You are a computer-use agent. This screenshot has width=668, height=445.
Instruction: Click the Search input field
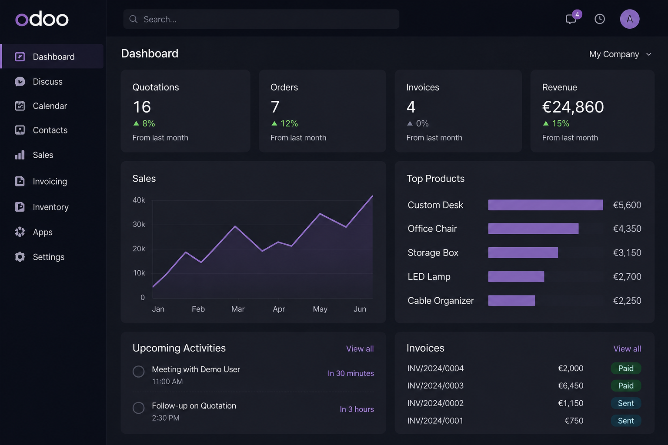pyautogui.click(x=261, y=19)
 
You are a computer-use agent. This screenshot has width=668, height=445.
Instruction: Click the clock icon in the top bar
pyautogui.click(x=599, y=19)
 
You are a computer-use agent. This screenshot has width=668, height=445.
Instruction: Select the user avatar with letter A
pyautogui.click(x=630, y=19)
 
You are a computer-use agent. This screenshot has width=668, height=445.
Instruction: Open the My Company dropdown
pyautogui.click(x=620, y=54)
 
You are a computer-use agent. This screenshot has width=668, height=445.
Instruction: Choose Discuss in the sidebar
pyautogui.click(x=47, y=82)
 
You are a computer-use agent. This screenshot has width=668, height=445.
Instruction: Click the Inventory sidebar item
pyautogui.click(x=50, y=207)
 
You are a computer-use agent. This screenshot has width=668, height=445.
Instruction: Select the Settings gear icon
pyautogui.click(x=20, y=257)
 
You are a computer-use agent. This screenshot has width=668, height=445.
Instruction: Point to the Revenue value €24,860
pyautogui.click(x=573, y=107)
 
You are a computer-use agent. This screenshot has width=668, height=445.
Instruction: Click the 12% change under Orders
pyautogui.click(x=289, y=123)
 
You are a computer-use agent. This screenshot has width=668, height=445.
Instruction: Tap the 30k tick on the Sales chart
pyautogui.click(x=139, y=224)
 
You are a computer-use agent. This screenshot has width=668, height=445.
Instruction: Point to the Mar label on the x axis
pyautogui.click(x=238, y=309)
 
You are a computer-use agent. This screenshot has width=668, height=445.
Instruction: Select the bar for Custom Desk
pyautogui.click(x=545, y=205)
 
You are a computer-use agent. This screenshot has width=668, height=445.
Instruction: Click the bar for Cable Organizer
pyautogui.click(x=511, y=300)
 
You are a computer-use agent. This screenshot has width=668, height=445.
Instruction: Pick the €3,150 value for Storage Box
pyautogui.click(x=627, y=253)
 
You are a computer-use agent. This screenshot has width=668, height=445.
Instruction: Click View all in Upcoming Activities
pyautogui.click(x=360, y=349)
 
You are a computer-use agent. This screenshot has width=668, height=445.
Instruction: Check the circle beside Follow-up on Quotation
pyautogui.click(x=138, y=408)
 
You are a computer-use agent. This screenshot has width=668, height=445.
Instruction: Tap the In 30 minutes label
pyautogui.click(x=351, y=373)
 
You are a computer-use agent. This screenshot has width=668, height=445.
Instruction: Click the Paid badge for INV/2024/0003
pyautogui.click(x=626, y=386)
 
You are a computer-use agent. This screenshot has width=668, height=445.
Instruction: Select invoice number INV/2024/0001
pyautogui.click(x=435, y=421)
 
